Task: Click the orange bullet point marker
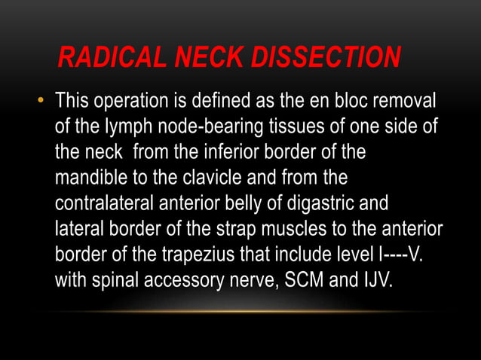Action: [41, 100]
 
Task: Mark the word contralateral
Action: [103, 203]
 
